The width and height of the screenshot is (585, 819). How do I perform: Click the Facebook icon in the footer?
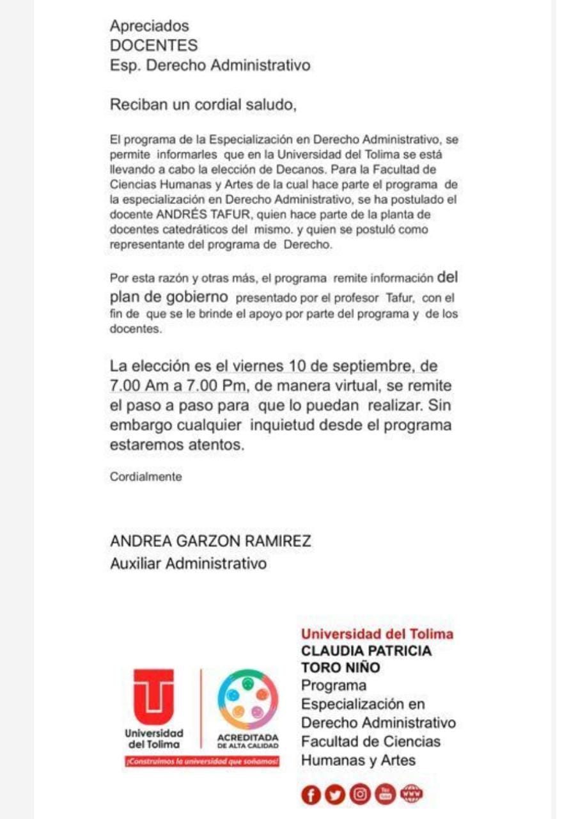pyautogui.click(x=311, y=795)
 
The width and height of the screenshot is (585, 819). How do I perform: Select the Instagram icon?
pyautogui.click(x=361, y=795)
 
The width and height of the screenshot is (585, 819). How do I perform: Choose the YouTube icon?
pyautogui.click(x=386, y=795)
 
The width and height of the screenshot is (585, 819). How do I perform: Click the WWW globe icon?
pyautogui.click(x=411, y=794)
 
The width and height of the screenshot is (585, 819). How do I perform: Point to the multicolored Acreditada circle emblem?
pyautogui.click(x=247, y=699)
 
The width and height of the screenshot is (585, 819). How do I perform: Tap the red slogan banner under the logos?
pyautogui.click(x=202, y=762)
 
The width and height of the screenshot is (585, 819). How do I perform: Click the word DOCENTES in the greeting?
pyautogui.click(x=154, y=45)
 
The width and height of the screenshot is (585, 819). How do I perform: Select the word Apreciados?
pyautogui.click(x=150, y=26)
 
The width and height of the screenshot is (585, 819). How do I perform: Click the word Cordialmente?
pyautogui.click(x=146, y=477)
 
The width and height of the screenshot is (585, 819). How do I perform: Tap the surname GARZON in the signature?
pyautogui.click(x=207, y=541)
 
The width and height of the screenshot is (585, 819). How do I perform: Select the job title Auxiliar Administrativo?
pyautogui.click(x=188, y=564)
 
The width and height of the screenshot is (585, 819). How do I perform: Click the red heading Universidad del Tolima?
pyautogui.click(x=377, y=634)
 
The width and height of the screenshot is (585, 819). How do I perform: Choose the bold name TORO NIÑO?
pyautogui.click(x=341, y=668)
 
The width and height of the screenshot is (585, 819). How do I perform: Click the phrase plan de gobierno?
pyautogui.click(x=169, y=296)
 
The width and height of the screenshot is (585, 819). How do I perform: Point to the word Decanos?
pyautogui.click(x=348, y=170)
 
